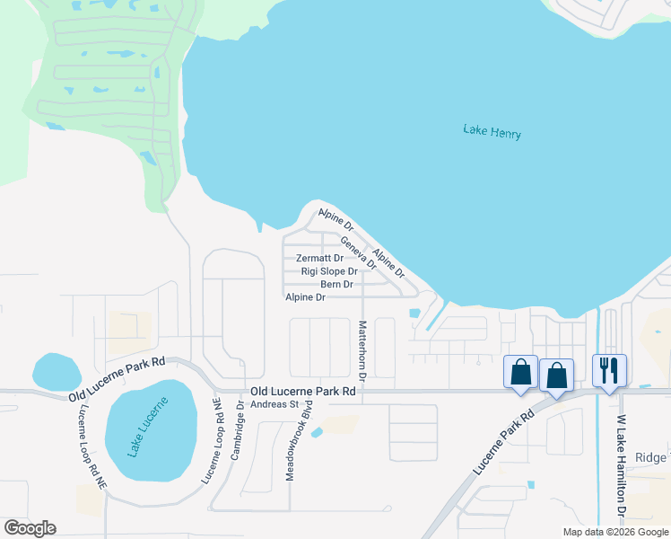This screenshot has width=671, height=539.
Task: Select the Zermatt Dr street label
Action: pyautogui.click(x=320, y=258)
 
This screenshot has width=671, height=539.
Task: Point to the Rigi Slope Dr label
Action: pyautogui.click(x=329, y=270)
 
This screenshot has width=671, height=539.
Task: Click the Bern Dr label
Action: pyautogui.click(x=335, y=284)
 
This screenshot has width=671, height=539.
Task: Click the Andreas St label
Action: pyautogui.click(x=274, y=404)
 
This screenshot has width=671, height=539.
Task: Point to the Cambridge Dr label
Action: pyautogui.click(x=239, y=430)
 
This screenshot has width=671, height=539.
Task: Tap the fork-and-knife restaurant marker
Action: pyautogui.click(x=609, y=369)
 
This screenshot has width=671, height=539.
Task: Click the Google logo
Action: pyautogui.click(x=30, y=528)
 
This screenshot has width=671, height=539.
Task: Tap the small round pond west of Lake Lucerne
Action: pyautogui.click(x=57, y=371)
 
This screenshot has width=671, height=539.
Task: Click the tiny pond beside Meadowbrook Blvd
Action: pyautogui.click(x=317, y=433)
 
